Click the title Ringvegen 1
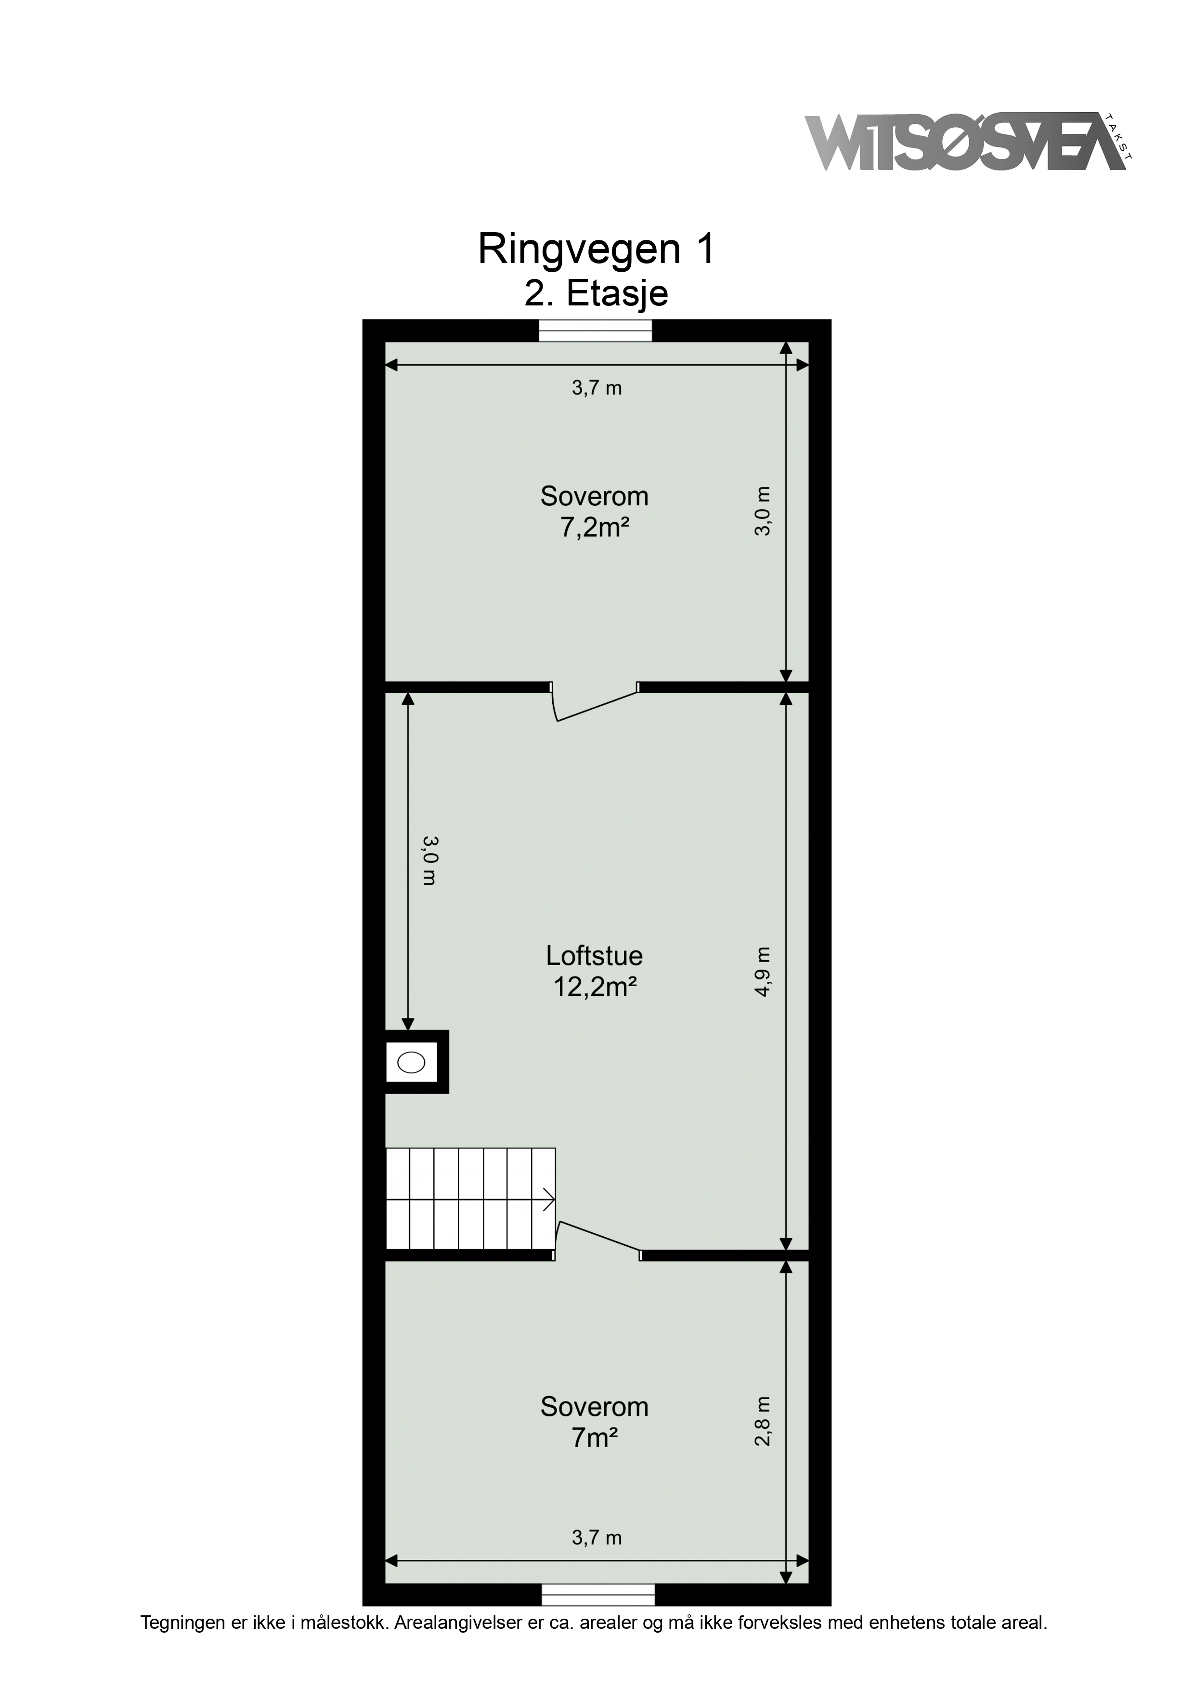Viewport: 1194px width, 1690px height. point(596,250)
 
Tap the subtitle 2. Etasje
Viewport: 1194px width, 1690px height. point(596,294)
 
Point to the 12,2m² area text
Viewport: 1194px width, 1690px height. point(595,986)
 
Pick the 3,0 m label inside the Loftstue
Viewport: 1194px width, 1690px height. point(429,860)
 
